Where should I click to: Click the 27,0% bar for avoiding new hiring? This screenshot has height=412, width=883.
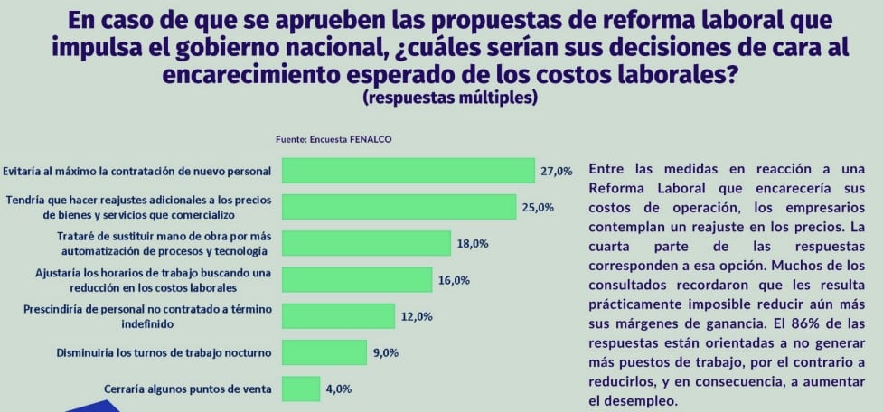click(408, 171)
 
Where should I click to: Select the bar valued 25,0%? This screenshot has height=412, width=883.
click(399, 207)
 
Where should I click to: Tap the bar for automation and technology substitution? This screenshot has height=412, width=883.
click(366, 243)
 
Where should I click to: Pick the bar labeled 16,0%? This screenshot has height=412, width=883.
click(357, 279)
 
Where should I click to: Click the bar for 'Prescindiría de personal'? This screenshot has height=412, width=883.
click(338, 315)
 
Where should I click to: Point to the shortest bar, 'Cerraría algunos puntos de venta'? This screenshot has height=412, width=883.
click(301, 389)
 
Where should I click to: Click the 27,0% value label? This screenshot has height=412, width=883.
click(557, 171)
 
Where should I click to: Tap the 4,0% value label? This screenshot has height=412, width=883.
click(338, 389)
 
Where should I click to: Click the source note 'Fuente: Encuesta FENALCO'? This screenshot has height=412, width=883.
click(333, 140)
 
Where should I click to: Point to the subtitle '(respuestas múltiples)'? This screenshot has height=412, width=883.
click(449, 98)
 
